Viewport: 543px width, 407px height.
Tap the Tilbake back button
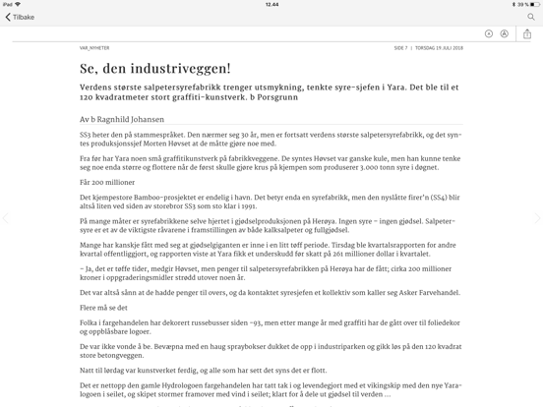pos(20,17)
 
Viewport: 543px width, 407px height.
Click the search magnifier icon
pos(531,17)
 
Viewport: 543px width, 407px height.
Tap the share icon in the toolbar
pos(527,33)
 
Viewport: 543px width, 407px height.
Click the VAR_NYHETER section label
pos(94,47)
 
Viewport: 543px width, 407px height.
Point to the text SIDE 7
pos(400,47)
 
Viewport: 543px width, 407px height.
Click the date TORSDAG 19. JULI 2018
pos(439,47)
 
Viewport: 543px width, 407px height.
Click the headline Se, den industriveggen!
pos(155,69)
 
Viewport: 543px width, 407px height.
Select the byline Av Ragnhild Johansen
pos(122,120)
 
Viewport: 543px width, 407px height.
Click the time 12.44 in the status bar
pos(271,4)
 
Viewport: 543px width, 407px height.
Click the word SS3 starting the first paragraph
pos(86,134)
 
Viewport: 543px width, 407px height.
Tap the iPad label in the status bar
pos(9,4)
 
